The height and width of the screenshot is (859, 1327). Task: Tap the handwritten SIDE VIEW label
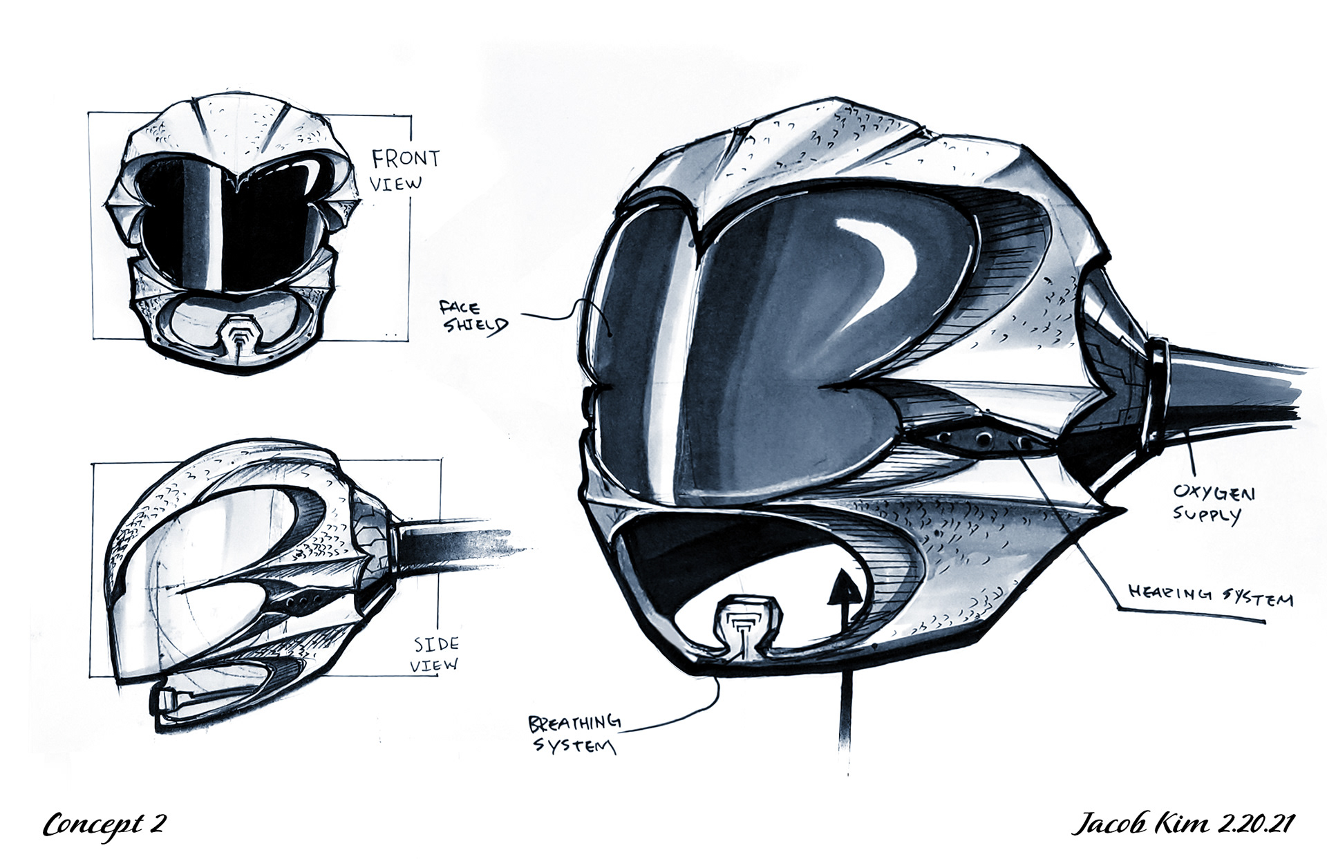click(x=435, y=654)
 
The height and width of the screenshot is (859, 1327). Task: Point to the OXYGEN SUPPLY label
click(x=1213, y=503)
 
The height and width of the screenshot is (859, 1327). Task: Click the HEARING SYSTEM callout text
click(x=1210, y=595)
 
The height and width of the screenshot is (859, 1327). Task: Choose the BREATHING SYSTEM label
click(x=574, y=734)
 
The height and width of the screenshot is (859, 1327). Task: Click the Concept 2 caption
click(x=104, y=824)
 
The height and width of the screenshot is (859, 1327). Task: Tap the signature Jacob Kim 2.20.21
click(x=1182, y=824)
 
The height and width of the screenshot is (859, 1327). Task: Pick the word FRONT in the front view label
click(x=406, y=159)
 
